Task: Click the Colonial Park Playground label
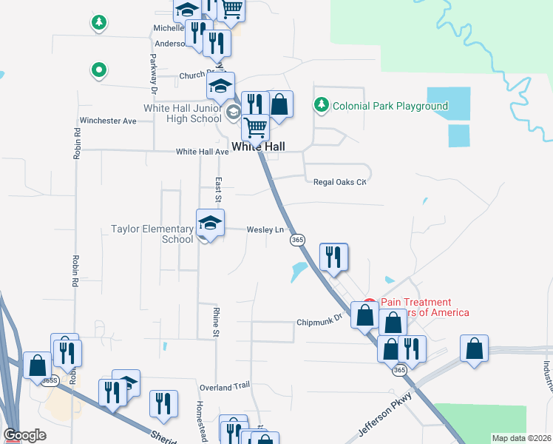point(390,106)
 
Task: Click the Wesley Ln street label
point(265,229)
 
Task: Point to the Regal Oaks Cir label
point(340,181)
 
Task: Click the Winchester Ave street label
point(109,121)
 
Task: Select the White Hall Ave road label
point(202,152)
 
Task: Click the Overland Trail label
point(225,386)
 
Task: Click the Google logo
point(25,435)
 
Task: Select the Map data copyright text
point(522,438)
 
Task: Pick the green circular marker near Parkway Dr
point(98,71)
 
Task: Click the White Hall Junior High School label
point(183,113)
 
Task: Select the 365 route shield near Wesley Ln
point(297,240)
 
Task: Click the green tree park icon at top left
point(98,22)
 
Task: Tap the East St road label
point(218,189)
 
